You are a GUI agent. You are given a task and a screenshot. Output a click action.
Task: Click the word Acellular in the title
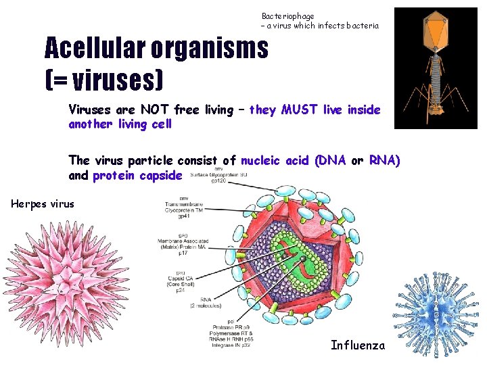click(x=95, y=48)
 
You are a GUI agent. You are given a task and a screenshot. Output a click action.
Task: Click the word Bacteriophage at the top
click(x=287, y=16)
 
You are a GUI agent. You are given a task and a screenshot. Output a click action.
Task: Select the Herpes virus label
click(x=43, y=204)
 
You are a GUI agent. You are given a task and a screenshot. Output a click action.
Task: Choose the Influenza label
click(x=357, y=345)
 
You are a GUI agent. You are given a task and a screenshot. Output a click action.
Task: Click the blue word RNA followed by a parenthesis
click(x=384, y=160)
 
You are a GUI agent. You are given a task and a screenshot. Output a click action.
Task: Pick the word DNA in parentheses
click(x=331, y=160)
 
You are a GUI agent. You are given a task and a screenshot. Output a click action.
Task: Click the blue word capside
click(x=159, y=176)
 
